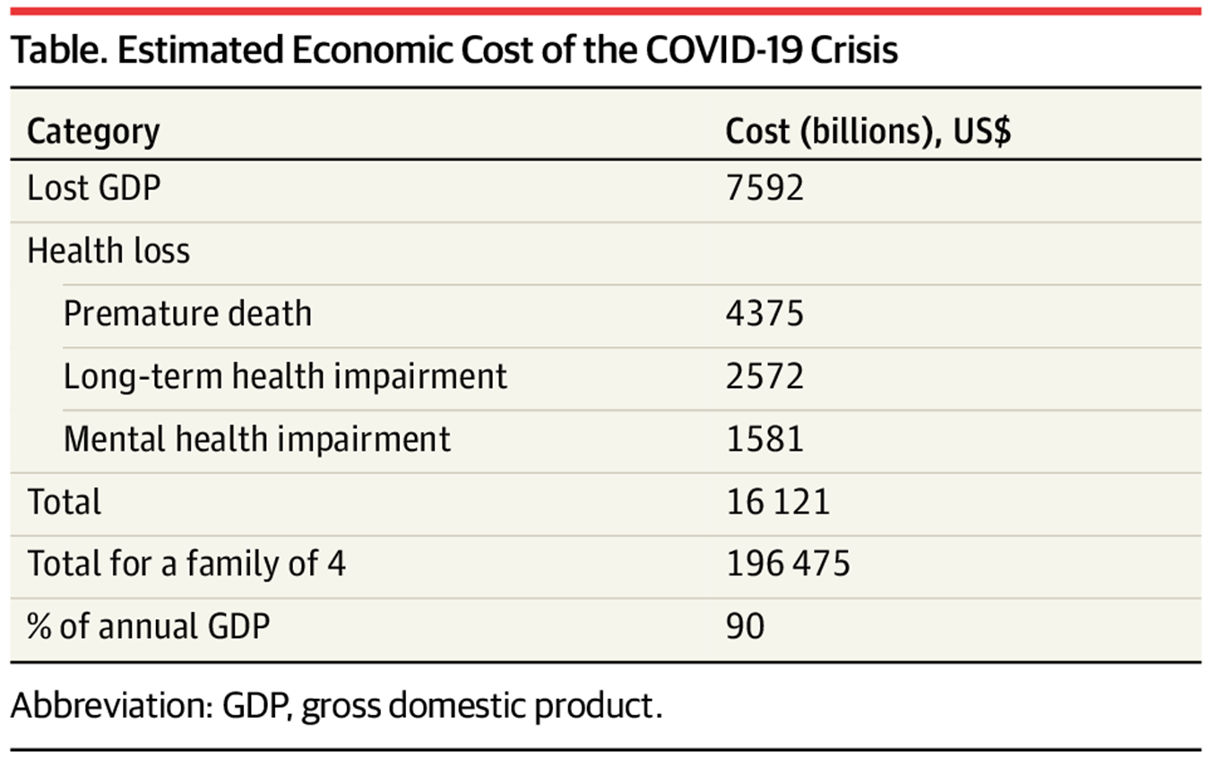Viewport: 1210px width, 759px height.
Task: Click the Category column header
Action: [x=93, y=132]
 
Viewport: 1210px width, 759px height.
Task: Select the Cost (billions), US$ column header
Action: [x=868, y=132]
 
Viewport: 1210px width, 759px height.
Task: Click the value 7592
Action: [x=765, y=188]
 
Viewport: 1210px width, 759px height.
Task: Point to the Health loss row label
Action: [x=108, y=251]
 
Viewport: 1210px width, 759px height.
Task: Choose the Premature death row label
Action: [x=187, y=314]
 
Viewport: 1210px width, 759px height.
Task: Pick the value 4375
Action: [x=765, y=314]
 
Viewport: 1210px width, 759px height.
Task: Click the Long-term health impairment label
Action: [x=285, y=376]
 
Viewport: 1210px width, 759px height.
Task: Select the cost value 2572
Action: [x=765, y=376]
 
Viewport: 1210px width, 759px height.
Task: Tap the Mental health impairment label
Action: [x=257, y=439]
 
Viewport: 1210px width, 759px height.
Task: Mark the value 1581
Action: [x=765, y=439]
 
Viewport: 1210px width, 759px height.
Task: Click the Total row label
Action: [x=65, y=502]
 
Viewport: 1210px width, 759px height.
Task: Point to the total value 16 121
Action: [x=778, y=502]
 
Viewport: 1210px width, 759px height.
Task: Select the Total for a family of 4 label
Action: [x=186, y=565]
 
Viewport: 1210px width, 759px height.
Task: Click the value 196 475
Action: [x=788, y=565]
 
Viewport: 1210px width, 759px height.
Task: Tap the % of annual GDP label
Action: [x=148, y=626]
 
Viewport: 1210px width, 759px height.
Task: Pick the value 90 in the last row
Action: [x=745, y=626]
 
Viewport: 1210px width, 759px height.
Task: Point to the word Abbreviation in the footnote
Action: [x=108, y=706]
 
